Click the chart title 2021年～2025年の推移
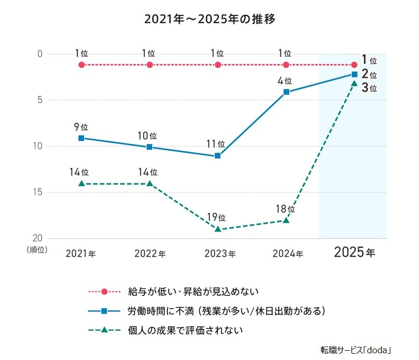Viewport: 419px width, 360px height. [210, 20]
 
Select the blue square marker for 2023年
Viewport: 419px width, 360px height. [218, 156]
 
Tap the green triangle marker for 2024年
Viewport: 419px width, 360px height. [286, 220]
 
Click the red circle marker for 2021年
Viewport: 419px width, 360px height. [81, 65]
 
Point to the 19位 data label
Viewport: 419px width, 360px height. [218, 217]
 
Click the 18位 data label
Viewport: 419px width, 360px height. [286, 208]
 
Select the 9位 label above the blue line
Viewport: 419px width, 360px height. [81, 127]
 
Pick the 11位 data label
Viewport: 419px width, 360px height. [218, 144]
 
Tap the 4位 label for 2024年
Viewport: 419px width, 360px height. [286, 81]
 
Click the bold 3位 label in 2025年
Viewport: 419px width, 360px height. [369, 88]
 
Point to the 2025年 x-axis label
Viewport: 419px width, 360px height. [354, 253]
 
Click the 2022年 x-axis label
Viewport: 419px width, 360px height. [150, 254]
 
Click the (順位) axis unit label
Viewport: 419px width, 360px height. [37, 250]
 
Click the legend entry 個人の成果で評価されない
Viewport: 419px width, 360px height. [185, 330]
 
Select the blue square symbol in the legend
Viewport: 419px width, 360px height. [104, 311]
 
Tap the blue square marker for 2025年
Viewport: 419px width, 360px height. [354, 74]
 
